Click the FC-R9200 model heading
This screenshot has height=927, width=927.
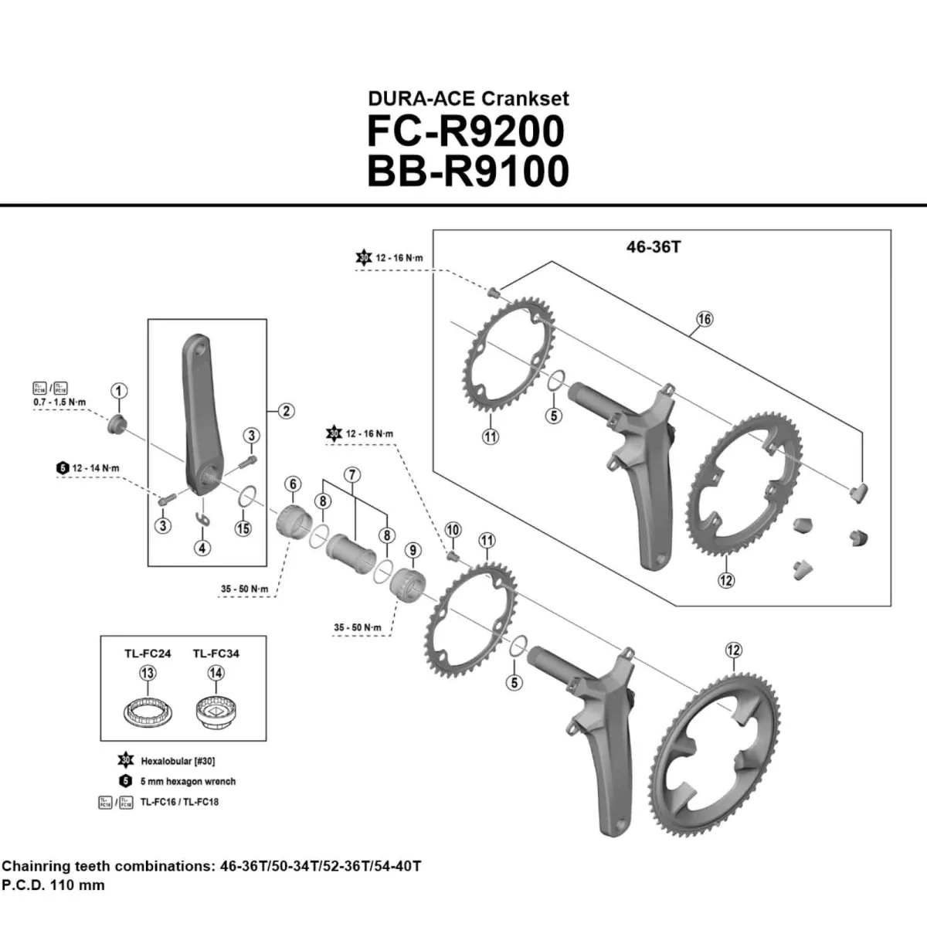pyautogui.click(x=466, y=131)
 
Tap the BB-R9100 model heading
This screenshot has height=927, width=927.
pyautogui.click(x=467, y=171)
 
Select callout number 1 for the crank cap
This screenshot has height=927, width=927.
pyautogui.click(x=118, y=391)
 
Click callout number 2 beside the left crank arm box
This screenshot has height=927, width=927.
pyautogui.click(x=286, y=411)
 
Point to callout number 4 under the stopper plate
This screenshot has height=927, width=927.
pyautogui.click(x=202, y=548)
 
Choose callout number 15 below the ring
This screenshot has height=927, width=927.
pyautogui.click(x=243, y=528)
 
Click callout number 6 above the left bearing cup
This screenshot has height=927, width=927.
pyautogui.click(x=293, y=484)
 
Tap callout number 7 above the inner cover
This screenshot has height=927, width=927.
pyautogui.click(x=352, y=474)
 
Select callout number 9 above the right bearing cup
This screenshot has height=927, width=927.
pyautogui.click(x=413, y=550)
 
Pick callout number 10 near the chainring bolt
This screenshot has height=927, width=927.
pyautogui.click(x=453, y=529)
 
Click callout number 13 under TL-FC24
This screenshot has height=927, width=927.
pyautogui.click(x=147, y=673)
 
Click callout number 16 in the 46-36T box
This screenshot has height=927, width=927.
pyautogui.click(x=704, y=318)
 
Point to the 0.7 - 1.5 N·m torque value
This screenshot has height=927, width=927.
pyautogui.click(x=59, y=403)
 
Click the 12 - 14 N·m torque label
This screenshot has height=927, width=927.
pyautogui.click(x=96, y=468)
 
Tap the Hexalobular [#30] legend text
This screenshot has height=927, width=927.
pyautogui.click(x=178, y=761)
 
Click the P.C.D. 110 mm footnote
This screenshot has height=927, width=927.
pyautogui.click(x=53, y=885)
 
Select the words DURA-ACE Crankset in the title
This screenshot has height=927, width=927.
pyautogui.click(x=468, y=99)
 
